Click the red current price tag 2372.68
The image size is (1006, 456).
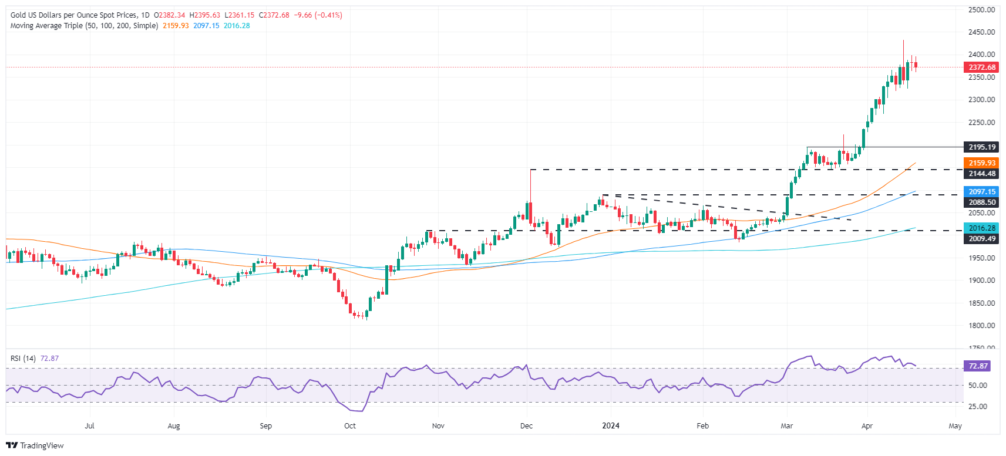coord(981,67)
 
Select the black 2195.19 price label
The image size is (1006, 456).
coord(981,147)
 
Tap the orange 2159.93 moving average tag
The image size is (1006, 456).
coord(981,163)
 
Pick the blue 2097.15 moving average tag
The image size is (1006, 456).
coord(981,192)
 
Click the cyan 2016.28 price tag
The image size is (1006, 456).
coord(981,228)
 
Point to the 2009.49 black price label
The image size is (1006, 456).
coord(981,239)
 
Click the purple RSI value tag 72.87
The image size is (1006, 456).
coord(978,366)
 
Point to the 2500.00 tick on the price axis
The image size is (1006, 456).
coord(981,10)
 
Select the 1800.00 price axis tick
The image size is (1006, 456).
coord(981,326)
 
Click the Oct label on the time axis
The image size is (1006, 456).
coord(350,426)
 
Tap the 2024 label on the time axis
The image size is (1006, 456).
coord(611,426)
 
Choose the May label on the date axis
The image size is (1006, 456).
coord(955,426)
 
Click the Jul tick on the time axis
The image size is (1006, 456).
coord(90,426)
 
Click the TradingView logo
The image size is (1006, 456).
coord(35,445)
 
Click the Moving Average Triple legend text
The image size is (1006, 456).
coord(84,26)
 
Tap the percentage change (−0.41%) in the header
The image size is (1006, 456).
coord(329,15)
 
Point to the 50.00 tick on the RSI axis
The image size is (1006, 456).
coord(977,386)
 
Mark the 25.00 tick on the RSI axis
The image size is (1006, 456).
coord(977,406)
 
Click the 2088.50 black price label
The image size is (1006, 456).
coord(981,202)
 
